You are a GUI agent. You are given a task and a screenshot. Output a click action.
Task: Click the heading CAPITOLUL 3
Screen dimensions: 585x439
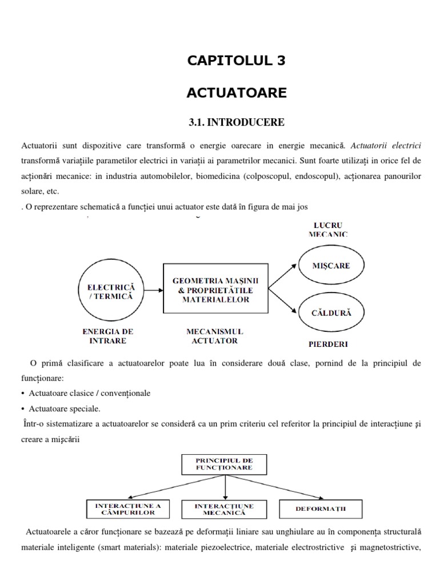click(236, 62)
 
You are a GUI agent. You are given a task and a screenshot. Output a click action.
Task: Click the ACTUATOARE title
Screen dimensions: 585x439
click(236, 92)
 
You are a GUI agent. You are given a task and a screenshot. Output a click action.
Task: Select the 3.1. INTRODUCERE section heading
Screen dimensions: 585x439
click(236, 122)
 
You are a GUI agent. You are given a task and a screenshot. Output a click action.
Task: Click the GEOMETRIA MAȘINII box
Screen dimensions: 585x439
click(215, 288)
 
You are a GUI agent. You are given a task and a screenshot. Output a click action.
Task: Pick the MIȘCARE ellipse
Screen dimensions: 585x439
click(330, 266)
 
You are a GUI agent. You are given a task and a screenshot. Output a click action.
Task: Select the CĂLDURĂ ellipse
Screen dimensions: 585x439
click(330, 312)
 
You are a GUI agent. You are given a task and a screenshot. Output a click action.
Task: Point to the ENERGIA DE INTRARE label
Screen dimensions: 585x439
click(108, 336)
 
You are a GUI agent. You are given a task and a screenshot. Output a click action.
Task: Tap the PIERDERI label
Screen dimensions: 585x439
click(328, 344)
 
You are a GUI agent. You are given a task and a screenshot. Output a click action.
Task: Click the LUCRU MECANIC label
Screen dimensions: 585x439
click(328, 229)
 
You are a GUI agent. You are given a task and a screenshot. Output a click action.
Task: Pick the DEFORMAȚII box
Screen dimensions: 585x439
click(321, 508)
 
